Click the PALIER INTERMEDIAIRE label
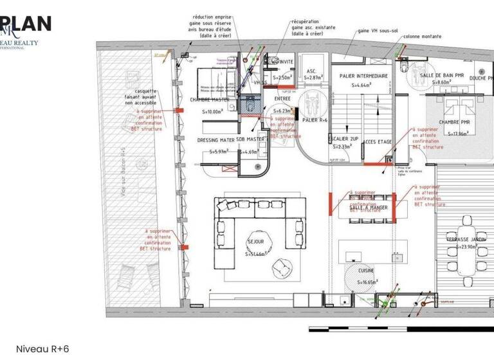coord(363,76)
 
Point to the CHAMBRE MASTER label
coord(210,100)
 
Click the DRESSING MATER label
coord(216,139)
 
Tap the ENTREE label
coord(282,98)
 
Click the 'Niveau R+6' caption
coord(42,349)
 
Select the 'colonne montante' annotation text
coord(422,37)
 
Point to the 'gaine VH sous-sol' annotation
coord(378,30)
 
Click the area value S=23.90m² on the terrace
coord(466,246)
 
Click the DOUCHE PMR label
coord(477,78)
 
